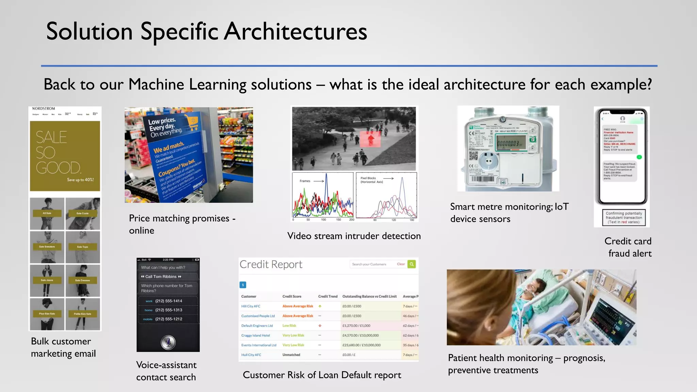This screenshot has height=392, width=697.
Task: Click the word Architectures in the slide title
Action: click(x=295, y=31)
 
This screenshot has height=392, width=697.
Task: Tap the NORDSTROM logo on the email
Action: click(x=44, y=109)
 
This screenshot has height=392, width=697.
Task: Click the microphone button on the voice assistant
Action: click(x=168, y=342)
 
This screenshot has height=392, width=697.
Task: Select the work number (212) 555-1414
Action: click(x=168, y=301)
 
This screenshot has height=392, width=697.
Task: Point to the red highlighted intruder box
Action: click(x=370, y=138)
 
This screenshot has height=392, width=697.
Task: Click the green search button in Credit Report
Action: click(x=412, y=264)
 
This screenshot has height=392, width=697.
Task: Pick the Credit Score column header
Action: click(x=292, y=296)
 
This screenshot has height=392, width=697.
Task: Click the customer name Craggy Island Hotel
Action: click(x=256, y=336)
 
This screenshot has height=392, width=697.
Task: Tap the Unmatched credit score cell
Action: click(x=291, y=355)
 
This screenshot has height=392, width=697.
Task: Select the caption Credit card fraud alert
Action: click(x=628, y=247)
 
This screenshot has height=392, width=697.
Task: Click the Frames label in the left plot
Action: click(x=305, y=181)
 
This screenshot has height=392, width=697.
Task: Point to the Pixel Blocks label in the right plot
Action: click(x=368, y=178)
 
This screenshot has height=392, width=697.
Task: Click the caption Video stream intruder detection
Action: click(x=354, y=236)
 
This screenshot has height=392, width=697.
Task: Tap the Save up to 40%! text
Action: click(x=80, y=180)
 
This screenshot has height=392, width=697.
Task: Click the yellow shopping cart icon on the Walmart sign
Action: click(x=191, y=122)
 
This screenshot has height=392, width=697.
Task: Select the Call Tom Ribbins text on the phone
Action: click(x=161, y=277)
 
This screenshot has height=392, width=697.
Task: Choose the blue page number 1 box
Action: click(x=243, y=285)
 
